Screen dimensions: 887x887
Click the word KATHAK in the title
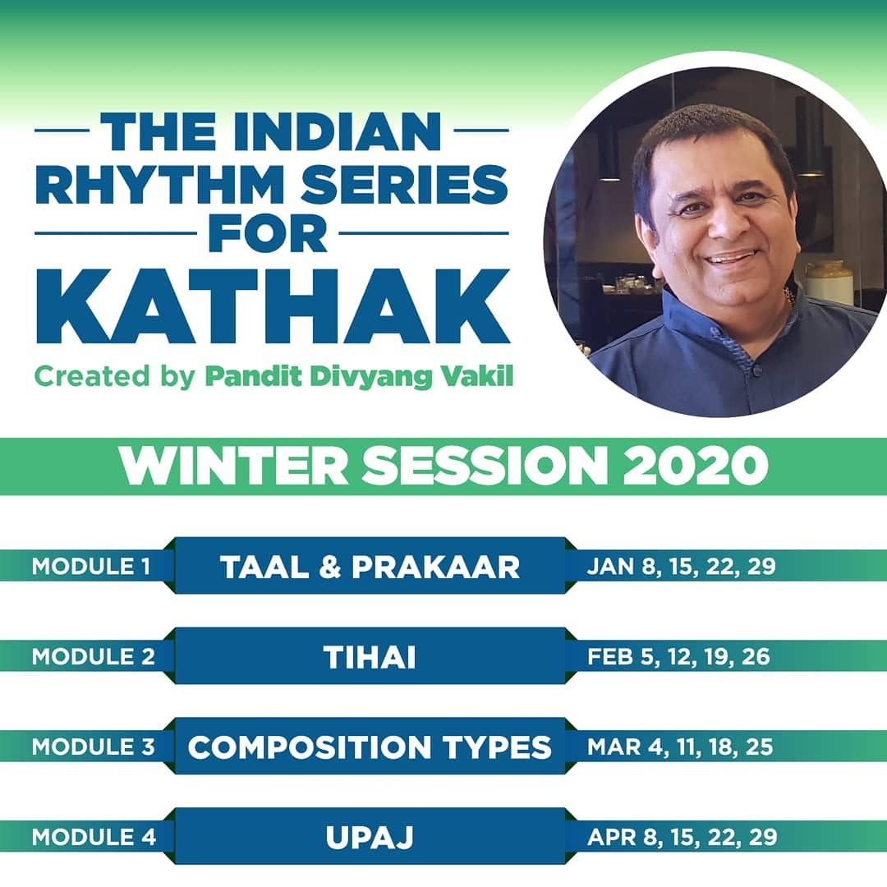point(273,308)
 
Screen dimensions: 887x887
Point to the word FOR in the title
point(268,233)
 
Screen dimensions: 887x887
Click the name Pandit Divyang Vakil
point(359,377)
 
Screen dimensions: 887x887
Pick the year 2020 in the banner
point(696,465)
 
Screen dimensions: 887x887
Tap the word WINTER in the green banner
point(232,465)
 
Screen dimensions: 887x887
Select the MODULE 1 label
point(91,566)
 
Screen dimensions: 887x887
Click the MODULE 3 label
point(94,747)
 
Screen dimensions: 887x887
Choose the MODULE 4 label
point(94,837)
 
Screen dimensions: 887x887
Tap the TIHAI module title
point(370,657)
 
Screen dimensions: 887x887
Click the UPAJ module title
point(370,838)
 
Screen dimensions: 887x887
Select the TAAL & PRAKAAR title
point(370,567)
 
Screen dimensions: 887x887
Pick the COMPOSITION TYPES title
point(370,747)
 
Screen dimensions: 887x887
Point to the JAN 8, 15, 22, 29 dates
point(681,566)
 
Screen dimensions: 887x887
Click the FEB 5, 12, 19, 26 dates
point(679,657)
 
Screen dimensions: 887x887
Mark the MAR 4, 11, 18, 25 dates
point(680,747)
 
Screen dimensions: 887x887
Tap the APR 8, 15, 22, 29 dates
point(682,837)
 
